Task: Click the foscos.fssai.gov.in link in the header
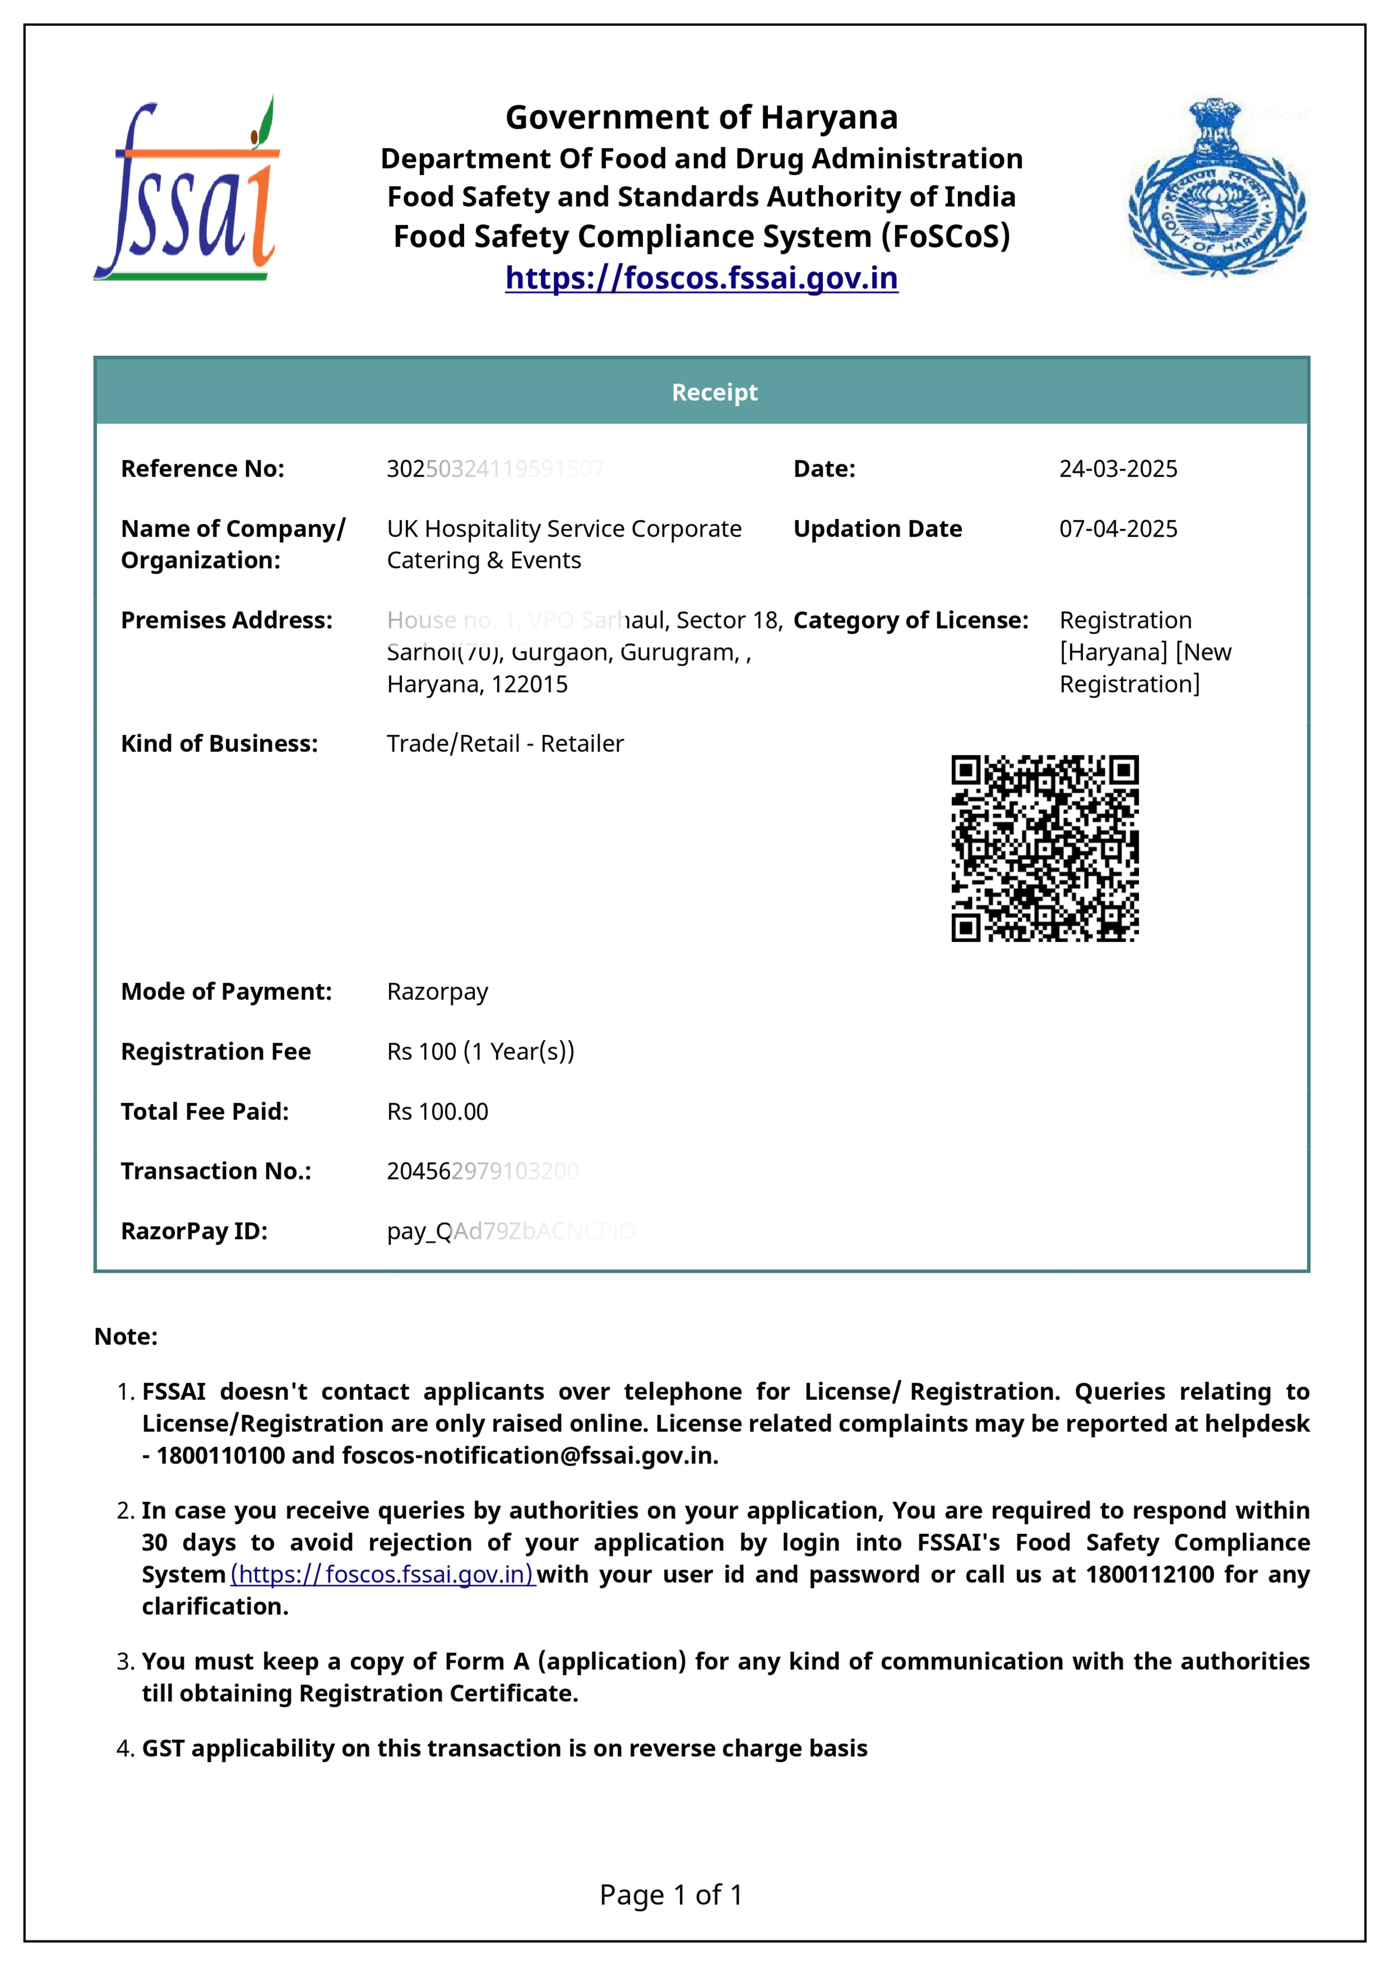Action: coord(701,278)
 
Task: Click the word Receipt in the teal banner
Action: coord(714,393)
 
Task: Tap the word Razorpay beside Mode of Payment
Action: coord(437,992)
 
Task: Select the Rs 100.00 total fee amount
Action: coord(437,1112)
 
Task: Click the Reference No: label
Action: coord(202,469)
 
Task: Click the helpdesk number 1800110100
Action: coord(220,1456)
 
